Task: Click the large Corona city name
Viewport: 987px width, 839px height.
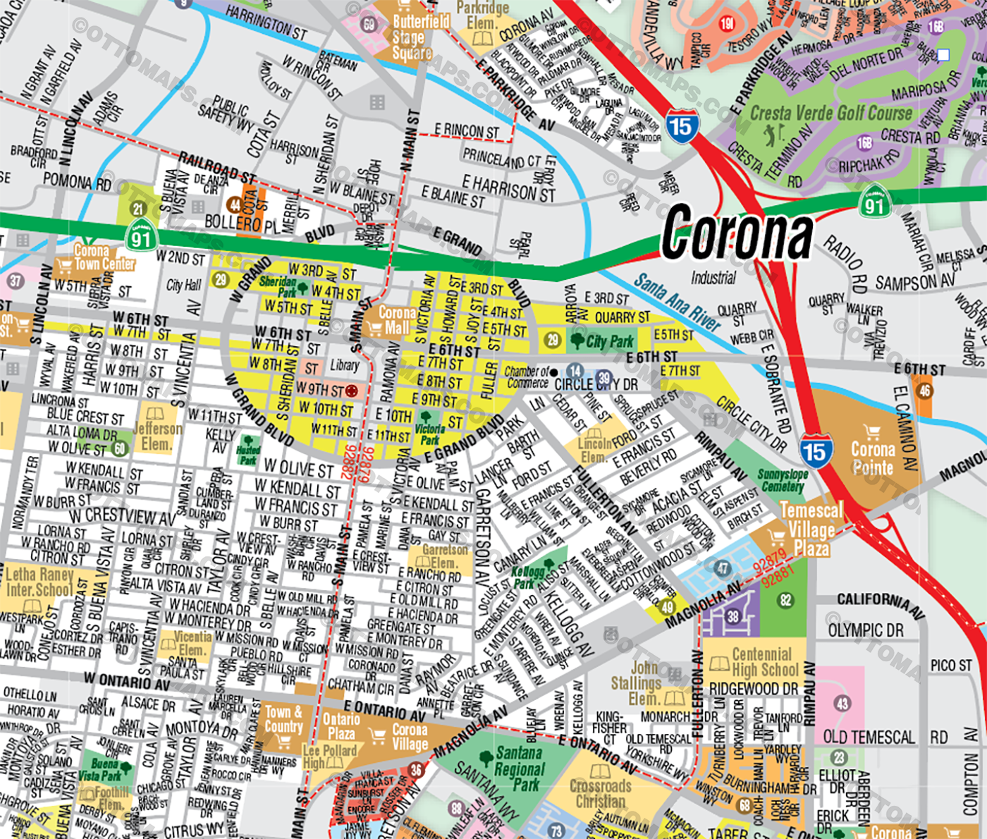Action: pos(737,233)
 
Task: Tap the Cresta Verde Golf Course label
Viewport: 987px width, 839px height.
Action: pos(830,114)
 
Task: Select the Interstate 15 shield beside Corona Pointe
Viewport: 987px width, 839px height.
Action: pos(816,451)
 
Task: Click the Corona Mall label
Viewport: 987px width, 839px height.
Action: pos(396,320)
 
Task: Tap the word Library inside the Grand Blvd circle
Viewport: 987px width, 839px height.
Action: pos(345,365)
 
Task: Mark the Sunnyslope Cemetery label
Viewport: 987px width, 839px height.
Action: pos(783,480)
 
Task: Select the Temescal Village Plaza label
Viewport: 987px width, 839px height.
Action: pos(811,529)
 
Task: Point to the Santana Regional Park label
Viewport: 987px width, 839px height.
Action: pos(520,768)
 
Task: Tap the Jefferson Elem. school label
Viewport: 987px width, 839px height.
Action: pos(157,436)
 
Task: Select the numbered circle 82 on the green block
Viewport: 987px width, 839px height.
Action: pos(785,600)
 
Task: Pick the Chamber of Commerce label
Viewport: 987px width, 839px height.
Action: pos(527,377)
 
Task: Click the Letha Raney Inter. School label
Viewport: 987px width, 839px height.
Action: pos(39,582)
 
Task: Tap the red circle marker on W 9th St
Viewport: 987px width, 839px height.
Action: pos(351,390)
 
